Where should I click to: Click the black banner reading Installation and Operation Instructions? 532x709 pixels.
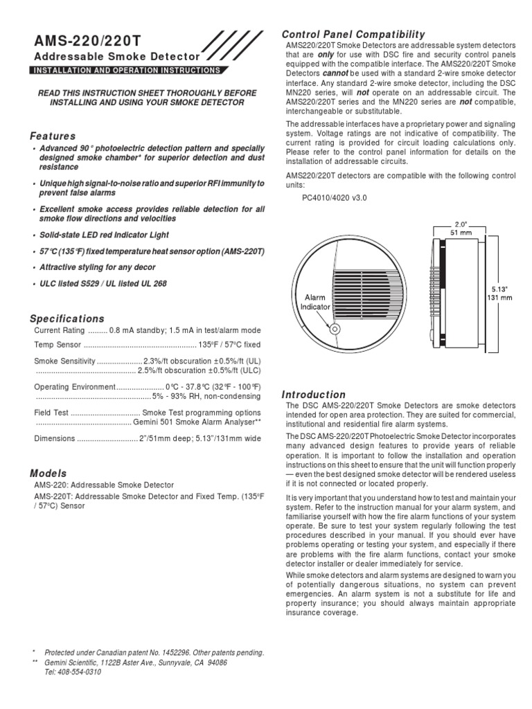coord(127,70)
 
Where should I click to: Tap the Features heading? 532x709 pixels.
coord(53,136)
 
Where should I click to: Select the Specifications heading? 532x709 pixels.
coord(66,318)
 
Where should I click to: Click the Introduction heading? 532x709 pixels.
coord(314,394)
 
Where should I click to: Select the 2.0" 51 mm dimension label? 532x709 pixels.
coord(461,228)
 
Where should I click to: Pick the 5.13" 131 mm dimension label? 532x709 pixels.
coord(501,294)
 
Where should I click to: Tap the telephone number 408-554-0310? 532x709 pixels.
coord(73,672)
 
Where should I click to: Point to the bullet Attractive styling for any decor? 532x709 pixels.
coord(97,267)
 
